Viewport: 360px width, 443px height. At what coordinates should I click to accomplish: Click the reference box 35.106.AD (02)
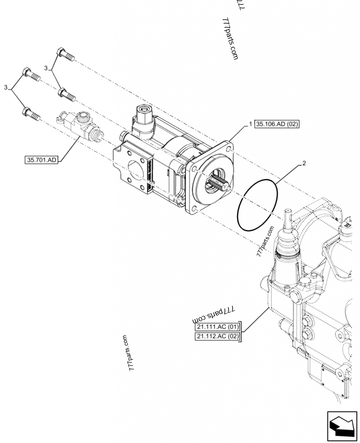click(277, 125)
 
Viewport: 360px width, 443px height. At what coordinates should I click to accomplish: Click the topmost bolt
click(64, 55)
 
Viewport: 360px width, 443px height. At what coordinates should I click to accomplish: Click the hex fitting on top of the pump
click(144, 111)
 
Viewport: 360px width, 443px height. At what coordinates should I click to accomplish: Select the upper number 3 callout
click(46, 67)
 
